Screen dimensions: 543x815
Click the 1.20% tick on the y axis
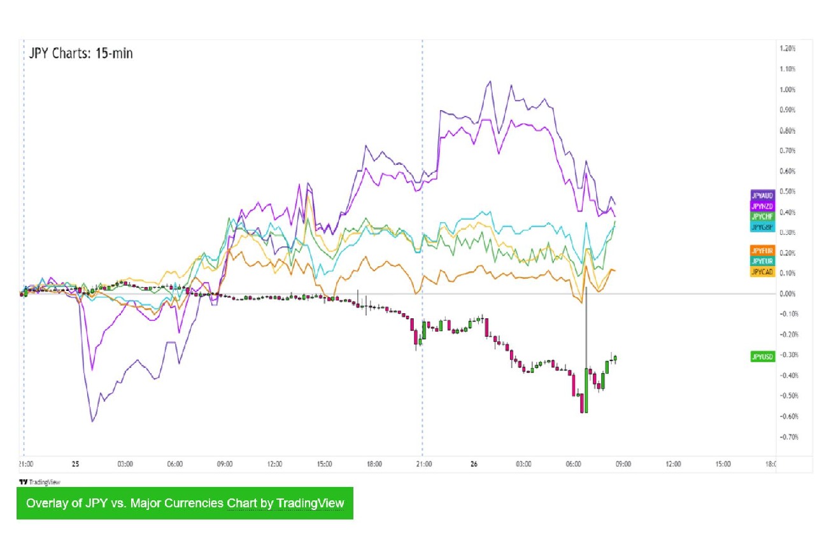pyautogui.click(x=788, y=48)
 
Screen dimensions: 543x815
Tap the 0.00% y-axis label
pyautogui.click(x=788, y=293)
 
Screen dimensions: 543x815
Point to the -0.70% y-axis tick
pyautogui.click(x=788, y=437)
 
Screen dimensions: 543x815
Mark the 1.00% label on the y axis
pyautogui.click(x=788, y=89)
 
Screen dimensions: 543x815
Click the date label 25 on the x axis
pyautogui.click(x=75, y=464)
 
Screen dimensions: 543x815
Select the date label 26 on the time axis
pyautogui.click(x=474, y=464)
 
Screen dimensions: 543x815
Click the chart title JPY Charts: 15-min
pyautogui.click(x=81, y=53)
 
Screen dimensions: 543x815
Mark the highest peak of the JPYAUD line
pyautogui.click(x=490, y=81)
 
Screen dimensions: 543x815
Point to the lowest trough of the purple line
pyautogui.click(x=92, y=421)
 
